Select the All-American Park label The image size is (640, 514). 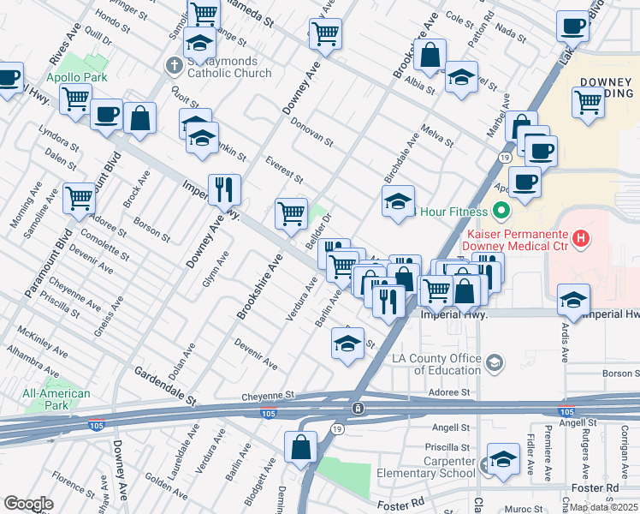[x=56, y=398]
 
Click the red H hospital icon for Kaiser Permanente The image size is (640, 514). [x=582, y=237]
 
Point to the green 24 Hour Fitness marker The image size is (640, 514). [x=501, y=211]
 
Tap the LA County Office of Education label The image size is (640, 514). [x=436, y=364]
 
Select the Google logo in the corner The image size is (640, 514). [x=28, y=504]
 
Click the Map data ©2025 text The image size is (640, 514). [x=603, y=507]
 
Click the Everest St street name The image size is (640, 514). [x=284, y=170]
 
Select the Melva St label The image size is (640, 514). [x=436, y=134]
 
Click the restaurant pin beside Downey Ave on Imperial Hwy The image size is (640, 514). [x=224, y=190]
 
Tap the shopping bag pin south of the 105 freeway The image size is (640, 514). [x=300, y=447]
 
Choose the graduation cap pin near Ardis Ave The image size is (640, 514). [x=572, y=299]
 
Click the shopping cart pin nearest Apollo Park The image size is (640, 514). [x=76, y=99]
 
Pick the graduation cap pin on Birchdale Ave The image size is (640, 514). [x=398, y=202]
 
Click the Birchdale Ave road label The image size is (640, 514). [x=401, y=156]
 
